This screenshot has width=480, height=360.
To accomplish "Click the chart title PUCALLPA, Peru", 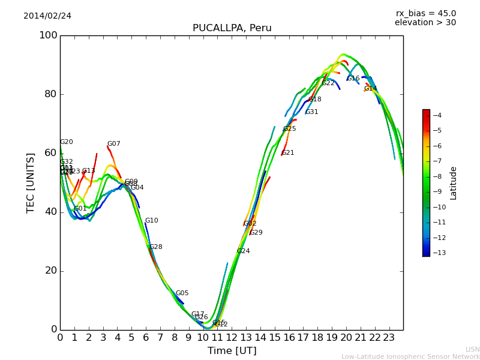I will point(232,28).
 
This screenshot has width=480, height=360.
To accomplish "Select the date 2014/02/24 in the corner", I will point(47,16).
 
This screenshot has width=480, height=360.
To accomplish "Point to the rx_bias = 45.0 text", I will point(425,13).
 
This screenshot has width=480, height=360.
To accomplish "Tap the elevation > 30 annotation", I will point(425,23).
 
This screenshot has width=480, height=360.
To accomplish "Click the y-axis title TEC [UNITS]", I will point(31,182).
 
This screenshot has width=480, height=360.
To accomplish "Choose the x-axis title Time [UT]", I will point(232,351).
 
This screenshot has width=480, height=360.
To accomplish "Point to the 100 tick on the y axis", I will point(48,35).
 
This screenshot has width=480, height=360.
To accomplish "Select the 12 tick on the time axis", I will point(232,338).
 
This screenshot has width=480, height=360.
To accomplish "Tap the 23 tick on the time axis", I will point(389,338).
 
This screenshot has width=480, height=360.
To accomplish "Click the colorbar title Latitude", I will point(454,182).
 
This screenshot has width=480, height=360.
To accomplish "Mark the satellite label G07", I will point(113,144).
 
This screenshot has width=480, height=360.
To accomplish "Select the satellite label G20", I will point(66,142).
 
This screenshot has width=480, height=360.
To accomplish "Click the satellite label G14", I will point(370,89).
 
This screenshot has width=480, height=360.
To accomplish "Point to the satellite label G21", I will point(288,153).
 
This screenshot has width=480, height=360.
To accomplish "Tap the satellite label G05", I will point(182,293).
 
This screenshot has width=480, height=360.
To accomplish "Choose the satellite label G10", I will point(151,221).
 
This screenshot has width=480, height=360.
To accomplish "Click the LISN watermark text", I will point(472,349).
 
